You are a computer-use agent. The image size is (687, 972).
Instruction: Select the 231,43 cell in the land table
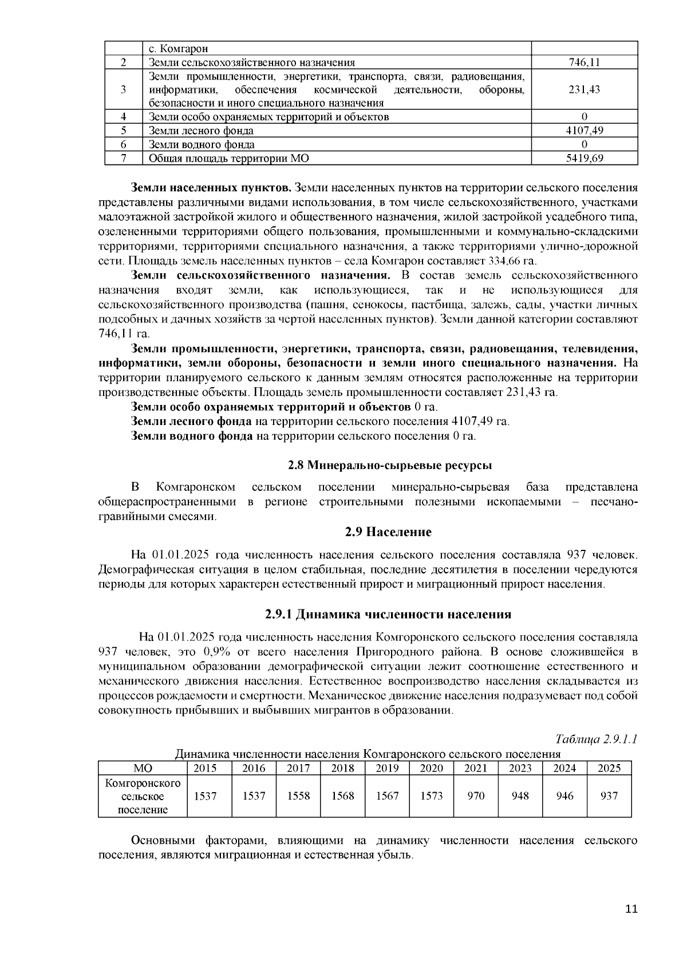tap(585, 90)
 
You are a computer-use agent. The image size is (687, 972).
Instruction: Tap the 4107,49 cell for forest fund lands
tap(585, 131)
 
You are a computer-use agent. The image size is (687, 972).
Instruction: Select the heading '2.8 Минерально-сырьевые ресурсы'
tap(389, 465)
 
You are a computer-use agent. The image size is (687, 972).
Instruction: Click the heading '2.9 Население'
tap(388, 532)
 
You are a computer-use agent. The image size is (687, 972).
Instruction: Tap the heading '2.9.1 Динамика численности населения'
tap(388, 615)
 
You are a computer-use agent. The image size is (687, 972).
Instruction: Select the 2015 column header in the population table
tap(206, 769)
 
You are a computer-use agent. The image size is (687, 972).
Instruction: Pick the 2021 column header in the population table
tap(476, 769)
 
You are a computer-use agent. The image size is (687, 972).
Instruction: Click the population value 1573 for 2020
tap(432, 796)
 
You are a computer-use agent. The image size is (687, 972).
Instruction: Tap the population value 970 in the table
tap(476, 796)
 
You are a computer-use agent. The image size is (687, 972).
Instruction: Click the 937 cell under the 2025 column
tap(609, 796)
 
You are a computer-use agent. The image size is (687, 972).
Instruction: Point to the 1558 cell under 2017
tap(298, 796)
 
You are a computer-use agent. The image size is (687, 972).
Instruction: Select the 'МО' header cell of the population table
tap(143, 769)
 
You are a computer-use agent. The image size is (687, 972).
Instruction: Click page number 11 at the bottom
tap(631, 909)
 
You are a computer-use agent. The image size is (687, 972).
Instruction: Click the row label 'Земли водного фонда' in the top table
tap(202, 145)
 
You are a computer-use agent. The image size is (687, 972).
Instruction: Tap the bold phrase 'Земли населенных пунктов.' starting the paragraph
tap(212, 188)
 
